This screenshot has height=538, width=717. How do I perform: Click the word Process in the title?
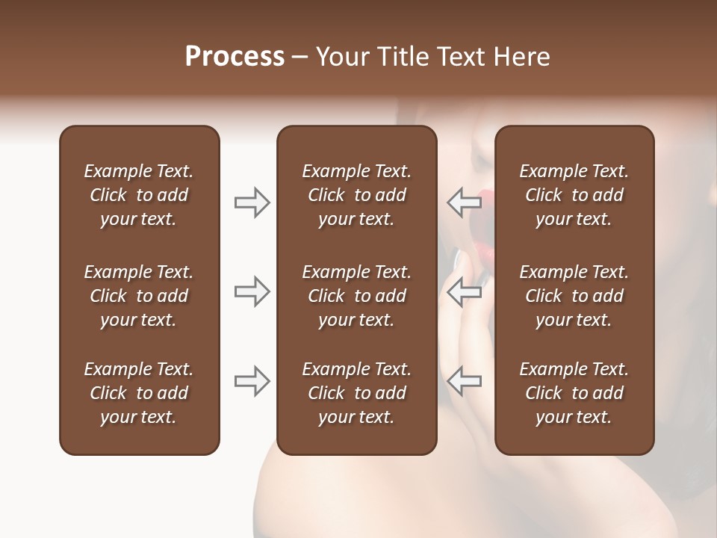235,57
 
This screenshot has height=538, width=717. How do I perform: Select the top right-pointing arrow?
252,202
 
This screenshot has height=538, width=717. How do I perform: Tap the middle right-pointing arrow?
252,291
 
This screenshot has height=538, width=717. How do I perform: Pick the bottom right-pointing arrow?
252,381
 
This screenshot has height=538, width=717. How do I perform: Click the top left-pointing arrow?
465,202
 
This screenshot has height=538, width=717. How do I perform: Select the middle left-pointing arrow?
465,291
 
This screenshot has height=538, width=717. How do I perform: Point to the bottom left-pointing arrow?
465,381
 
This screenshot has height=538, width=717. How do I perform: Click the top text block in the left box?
139,195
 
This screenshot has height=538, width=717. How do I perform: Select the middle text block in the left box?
139,296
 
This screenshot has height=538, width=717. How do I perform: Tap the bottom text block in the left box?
139,393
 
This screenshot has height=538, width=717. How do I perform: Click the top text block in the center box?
356,195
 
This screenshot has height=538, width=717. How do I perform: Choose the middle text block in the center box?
356,296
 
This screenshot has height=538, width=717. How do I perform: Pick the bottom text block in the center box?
356,393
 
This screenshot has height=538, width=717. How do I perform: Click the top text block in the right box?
574,195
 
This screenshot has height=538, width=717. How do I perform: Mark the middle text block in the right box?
574,296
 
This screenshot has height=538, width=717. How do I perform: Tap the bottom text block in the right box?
574,393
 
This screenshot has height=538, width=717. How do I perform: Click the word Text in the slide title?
462,57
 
